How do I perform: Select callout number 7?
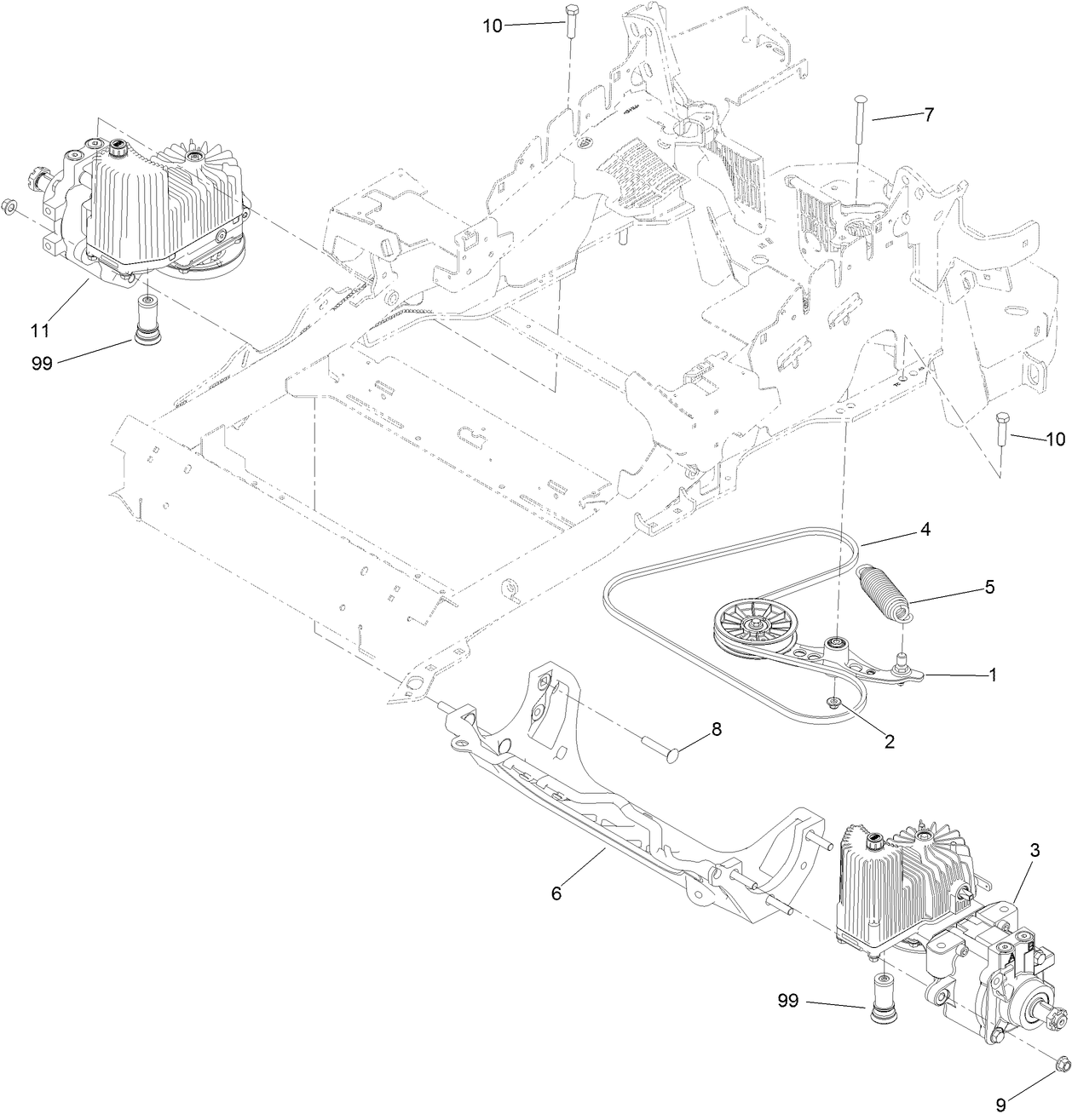[929, 114]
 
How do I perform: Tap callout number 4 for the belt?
[925, 529]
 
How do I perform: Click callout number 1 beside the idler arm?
[993, 674]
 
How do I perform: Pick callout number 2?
[889, 741]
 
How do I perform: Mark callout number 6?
[556, 893]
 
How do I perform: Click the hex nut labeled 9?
[1063, 1062]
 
